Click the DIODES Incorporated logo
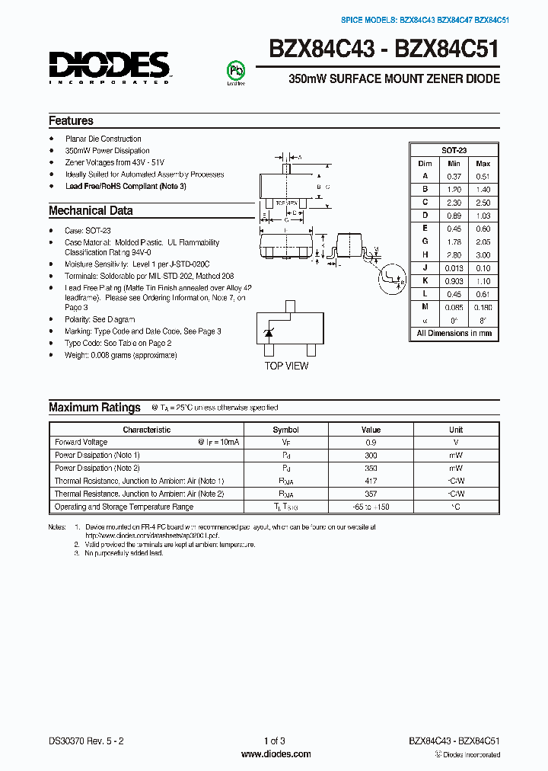point(110,66)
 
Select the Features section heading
point(71,121)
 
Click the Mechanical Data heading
point(91,211)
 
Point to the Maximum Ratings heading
point(94,408)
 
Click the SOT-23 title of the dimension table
point(454,151)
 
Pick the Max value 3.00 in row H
point(483,255)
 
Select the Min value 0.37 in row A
point(454,176)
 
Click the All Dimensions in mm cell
point(454,334)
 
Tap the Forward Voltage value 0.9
point(371,443)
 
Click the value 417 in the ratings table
point(371,481)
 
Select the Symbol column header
point(285,430)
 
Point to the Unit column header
point(455,430)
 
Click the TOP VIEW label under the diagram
point(286,366)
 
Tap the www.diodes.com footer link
point(276,754)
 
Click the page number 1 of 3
point(274,741)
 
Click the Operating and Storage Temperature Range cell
point(124,507)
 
